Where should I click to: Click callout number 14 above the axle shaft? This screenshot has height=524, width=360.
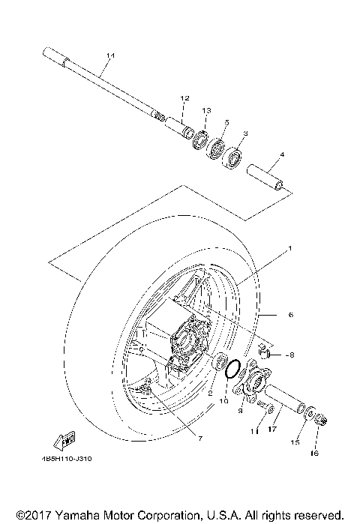coord(111,56)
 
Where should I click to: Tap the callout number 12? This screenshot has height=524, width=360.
coord(184,98)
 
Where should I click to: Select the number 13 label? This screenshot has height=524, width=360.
coord(205,109)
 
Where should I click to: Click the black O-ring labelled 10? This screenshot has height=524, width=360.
coord(233,369)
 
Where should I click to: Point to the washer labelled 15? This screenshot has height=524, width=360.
coord(310,413)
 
